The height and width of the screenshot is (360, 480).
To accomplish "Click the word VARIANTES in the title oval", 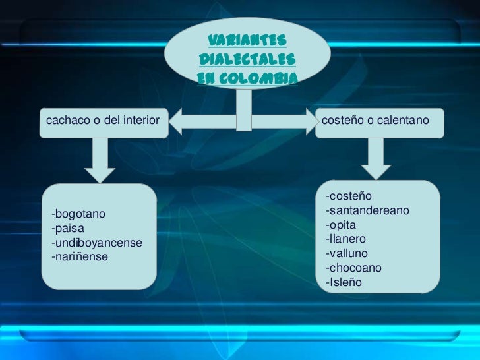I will [x=247, y=42].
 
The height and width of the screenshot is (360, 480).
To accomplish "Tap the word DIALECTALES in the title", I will [x=246, y=61].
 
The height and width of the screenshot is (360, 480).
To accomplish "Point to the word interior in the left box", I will [x=140, y=120].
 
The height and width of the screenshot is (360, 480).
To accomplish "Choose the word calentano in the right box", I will [x=404, y=120].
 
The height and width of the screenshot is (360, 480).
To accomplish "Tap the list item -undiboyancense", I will [x=96, y=243].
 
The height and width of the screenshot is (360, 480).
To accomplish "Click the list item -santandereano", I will [x=367, y=210].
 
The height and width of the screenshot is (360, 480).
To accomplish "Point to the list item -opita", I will [x=341, y=225].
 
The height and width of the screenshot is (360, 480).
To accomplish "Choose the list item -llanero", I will [x=345, y=239].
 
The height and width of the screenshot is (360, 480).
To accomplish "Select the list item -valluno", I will [x=347, y=253].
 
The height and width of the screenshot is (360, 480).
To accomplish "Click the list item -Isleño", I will [x=344, y=283].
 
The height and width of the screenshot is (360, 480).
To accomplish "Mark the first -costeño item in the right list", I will [x=349, y=196].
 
